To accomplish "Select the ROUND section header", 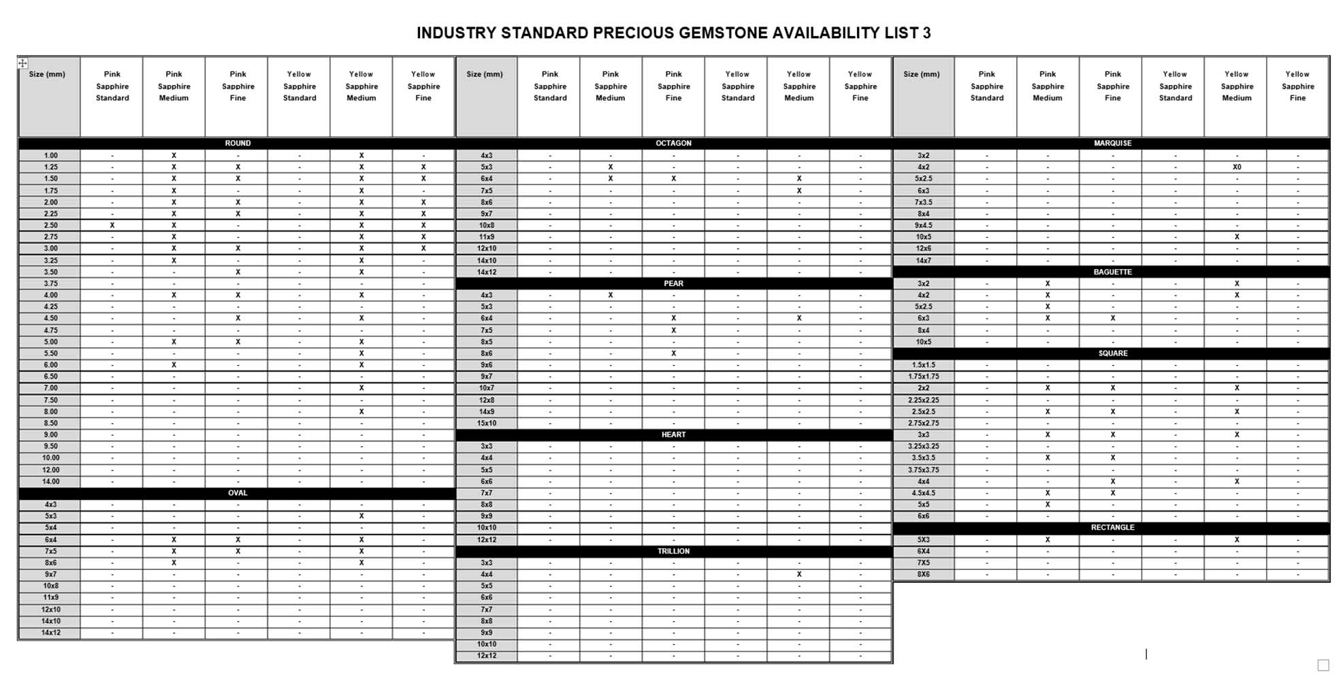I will point(238,144).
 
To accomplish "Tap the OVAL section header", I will point(238,493).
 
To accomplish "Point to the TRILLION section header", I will point(673,552).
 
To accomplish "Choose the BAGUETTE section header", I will point(1112,272).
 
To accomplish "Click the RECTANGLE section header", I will point(1112,528).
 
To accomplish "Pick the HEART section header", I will point(673,434).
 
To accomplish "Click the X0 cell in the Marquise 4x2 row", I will point(1236,167).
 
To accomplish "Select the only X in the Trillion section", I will point(798,575).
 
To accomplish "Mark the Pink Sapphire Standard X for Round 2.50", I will point(112,225).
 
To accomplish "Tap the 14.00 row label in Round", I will point(50,481).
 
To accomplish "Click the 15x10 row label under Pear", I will point(487,423).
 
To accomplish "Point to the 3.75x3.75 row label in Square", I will point(923,470).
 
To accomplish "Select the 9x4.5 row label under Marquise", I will point(923,225).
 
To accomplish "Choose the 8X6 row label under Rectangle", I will point(923,575).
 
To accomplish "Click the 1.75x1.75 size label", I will point(923,377).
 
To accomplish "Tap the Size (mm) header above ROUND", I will point(47,74).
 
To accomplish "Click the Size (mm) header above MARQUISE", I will point(921,74).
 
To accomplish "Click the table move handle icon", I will point(22,63).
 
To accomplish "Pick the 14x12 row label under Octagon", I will point(487,272).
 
